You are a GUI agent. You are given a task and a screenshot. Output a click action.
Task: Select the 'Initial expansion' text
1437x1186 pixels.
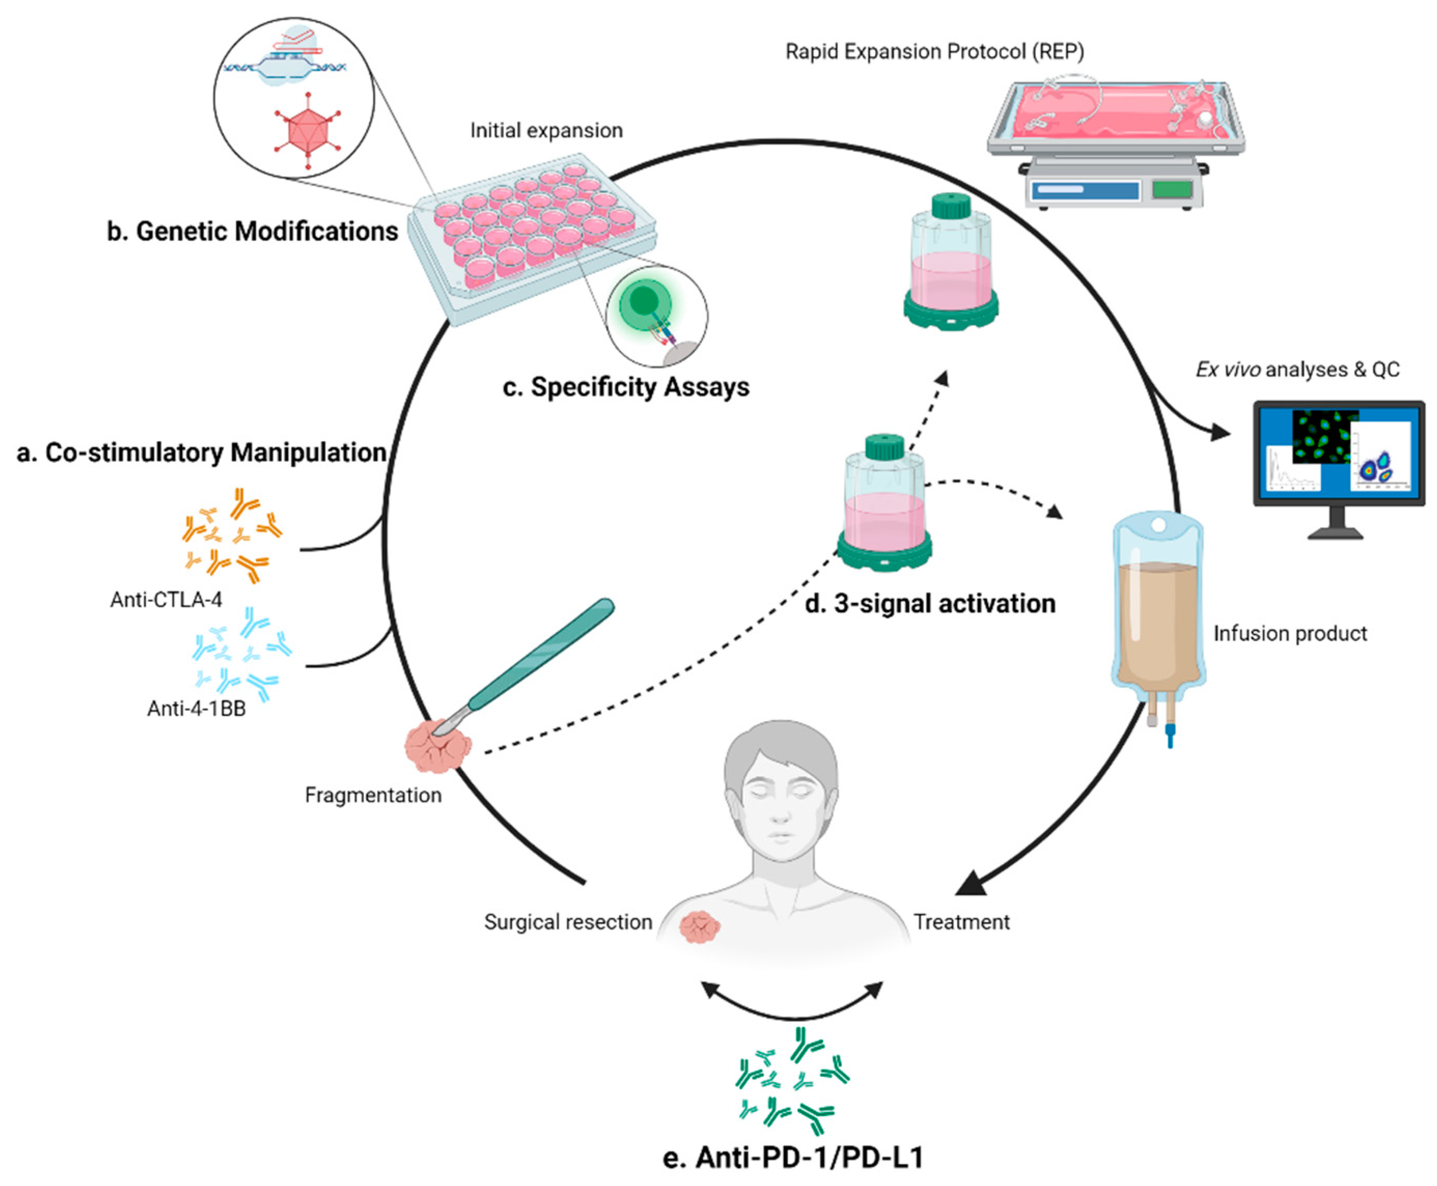[x=546, y=131]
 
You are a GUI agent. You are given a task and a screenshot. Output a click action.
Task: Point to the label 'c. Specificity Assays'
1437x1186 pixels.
[x=625, y=387]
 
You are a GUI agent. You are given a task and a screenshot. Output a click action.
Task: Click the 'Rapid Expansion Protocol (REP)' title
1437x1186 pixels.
[x=934, y=52]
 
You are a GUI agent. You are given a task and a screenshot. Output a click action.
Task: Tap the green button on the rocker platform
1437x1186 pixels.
[x=1171, y=189]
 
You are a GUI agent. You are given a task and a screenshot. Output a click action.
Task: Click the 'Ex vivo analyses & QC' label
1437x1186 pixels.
[x=1297, y=370]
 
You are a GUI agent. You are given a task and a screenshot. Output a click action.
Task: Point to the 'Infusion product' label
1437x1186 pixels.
[x=1289, y=633]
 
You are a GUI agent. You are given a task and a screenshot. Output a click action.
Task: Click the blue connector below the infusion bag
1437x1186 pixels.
[x=1170, y=737]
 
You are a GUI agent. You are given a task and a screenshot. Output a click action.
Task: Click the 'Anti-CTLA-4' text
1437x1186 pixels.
[x=166, y=600]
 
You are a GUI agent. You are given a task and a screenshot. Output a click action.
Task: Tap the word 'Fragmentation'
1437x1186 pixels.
[x=373, y=795]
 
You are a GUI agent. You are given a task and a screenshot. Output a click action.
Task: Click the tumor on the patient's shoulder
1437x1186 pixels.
[x=699, y=928]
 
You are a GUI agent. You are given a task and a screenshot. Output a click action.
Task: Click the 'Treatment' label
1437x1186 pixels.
[x=961, y=922]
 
